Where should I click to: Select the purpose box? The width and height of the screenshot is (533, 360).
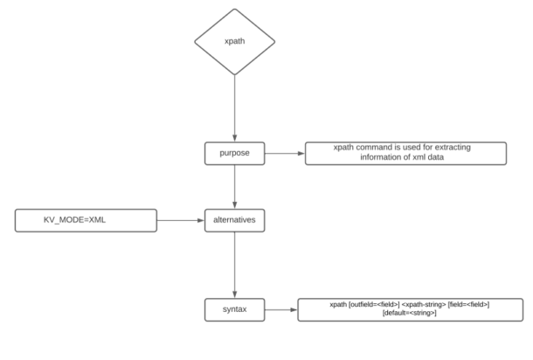(233, 154)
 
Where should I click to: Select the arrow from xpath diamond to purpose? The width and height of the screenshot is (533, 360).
(233, 109)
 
